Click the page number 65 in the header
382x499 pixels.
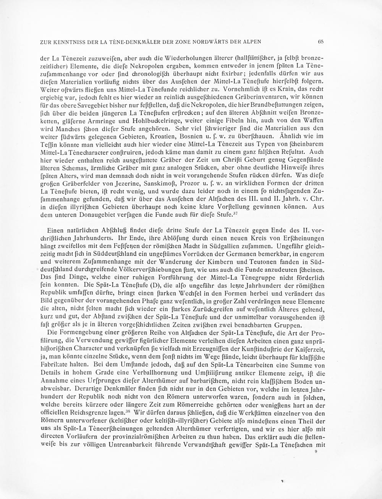point(320,42)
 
